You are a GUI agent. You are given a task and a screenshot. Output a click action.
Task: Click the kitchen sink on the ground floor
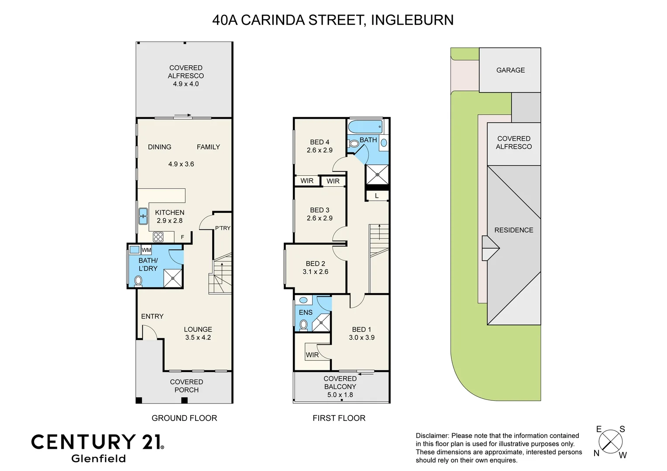point(143,216)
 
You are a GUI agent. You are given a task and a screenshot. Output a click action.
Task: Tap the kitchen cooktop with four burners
point(158,237)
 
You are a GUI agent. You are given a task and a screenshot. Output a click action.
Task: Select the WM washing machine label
point(147,250)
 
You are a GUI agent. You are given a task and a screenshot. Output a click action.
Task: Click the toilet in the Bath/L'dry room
point(138,280)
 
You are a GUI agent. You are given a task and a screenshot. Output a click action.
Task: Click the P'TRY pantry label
point(223,228)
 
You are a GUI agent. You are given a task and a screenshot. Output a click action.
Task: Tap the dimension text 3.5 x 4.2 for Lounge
point(198,338)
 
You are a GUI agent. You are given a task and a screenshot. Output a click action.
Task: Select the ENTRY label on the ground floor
point(152,316)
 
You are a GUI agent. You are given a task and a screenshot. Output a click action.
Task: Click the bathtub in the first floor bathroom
point(365,127)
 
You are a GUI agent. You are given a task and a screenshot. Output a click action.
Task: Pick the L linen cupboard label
point(377,196)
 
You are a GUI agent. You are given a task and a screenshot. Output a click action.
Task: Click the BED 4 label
point(320,142)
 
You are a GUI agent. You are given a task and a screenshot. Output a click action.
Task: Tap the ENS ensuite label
point(306,313)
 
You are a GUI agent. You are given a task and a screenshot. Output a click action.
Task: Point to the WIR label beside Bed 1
point(312,355)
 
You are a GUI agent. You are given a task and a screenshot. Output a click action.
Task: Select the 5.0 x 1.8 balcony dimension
point(340,395)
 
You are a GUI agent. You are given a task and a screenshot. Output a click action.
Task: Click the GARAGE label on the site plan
point(510,70)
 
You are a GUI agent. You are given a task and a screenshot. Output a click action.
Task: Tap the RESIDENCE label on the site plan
point(514,230)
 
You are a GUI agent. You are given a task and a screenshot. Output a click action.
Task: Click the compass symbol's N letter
point(596,454)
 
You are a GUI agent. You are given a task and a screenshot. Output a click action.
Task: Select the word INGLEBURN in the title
point(412,20)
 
